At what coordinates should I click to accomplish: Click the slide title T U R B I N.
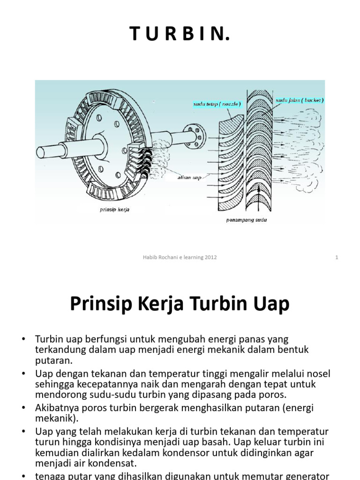click(x=180, y=34)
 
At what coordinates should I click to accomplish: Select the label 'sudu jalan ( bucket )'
click(x=300, y=100)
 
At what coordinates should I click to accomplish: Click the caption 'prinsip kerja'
click(x=114, y=210)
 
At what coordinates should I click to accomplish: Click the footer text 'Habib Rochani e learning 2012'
click(x=180, y=257)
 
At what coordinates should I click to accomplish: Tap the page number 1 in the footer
click(x=337, y=257)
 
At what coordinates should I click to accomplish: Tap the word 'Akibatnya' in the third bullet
click(x=56, y=407)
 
